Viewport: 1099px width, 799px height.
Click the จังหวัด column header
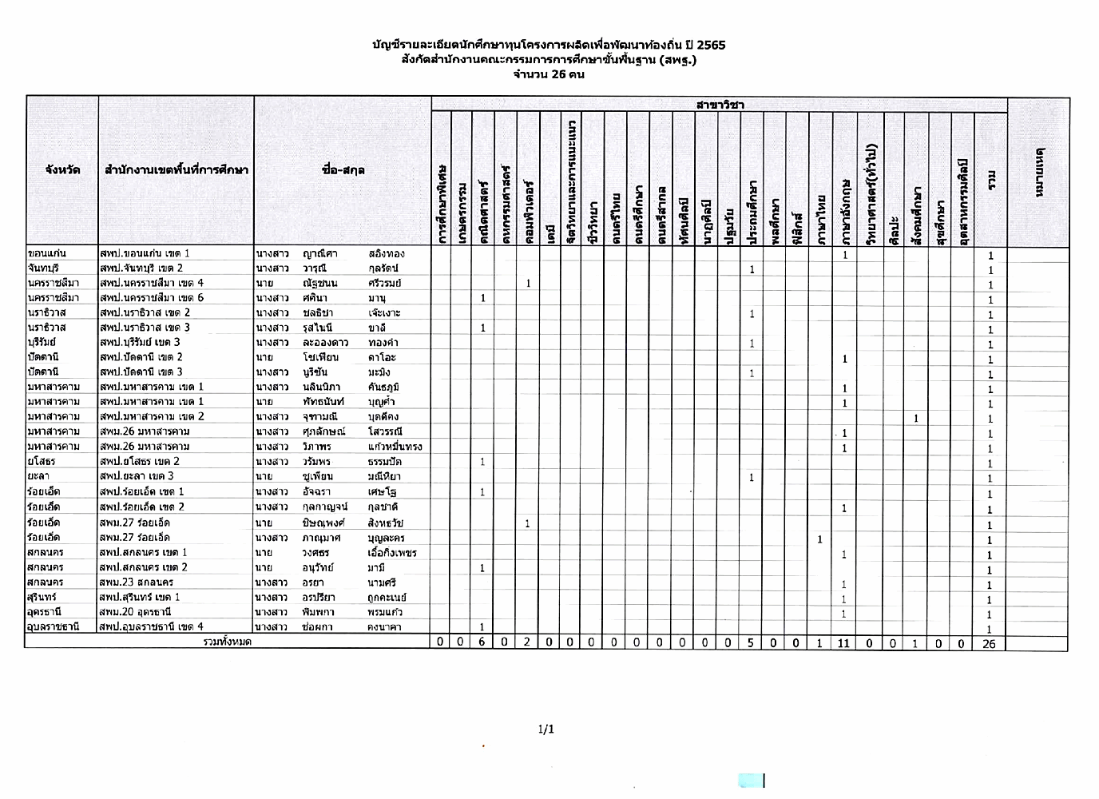point(62,169)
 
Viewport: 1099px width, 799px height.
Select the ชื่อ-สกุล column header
point(343,169)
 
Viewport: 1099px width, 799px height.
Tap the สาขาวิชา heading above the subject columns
point(720,105)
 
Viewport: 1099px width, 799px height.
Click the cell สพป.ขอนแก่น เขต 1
point(145,253)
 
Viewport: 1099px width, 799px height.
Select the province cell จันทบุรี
point(43,268)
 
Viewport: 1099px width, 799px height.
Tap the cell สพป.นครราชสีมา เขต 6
point(152,298)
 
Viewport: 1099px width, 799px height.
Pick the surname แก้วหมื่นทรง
point(395,447)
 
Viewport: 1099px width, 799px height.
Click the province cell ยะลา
point(38,476)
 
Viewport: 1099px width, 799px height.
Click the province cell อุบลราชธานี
point(54,627)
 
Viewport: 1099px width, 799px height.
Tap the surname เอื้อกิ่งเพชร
point(392,553)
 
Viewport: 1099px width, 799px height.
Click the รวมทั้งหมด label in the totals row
point(228,642)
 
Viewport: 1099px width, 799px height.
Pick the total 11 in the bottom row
point(844,643)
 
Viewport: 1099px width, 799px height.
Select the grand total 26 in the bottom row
point(989,643)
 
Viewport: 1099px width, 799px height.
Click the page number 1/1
point(546,729)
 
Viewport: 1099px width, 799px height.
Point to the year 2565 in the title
point(711,45)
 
